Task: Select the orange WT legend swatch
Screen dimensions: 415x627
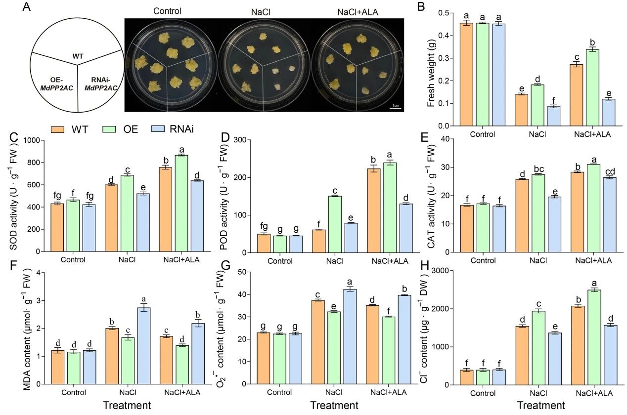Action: tap(58, 129)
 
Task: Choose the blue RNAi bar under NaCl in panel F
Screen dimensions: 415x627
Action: tap(144, 346)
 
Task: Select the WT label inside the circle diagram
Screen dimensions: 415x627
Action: tap(78, 56)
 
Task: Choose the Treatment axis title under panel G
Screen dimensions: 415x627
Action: tap(334, 406)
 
